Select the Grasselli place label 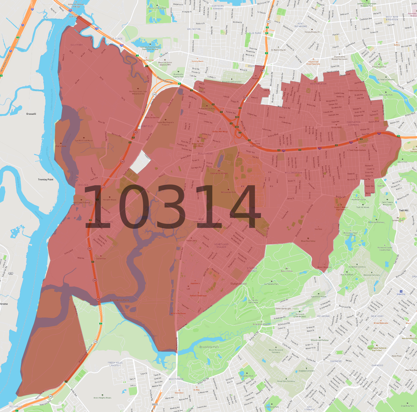(31, 114)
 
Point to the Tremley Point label (46, 179)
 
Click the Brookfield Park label (209, 347)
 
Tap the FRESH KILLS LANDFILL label (115, 364)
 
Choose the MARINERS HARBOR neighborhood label (218, 7)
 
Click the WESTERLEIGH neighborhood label (318, 84)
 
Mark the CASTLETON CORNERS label (353, 123)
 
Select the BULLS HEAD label (205, 154)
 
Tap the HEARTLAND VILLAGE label (221, 245)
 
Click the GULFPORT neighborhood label (77, 45)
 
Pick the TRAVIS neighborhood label (109, 222)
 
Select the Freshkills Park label (119, 300)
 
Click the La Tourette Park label (271, 284)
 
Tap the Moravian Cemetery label (372, 275)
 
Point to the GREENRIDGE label (176, 379)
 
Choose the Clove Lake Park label (386, 95)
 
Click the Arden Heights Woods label (102, 398)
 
